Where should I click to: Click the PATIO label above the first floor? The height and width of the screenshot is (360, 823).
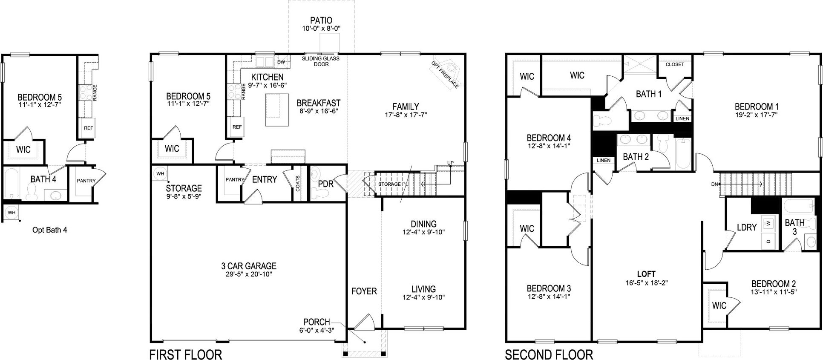pos(321,20)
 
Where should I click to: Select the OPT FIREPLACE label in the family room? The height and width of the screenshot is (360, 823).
pos(445,75)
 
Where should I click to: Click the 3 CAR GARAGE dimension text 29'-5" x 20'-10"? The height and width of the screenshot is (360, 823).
pos(249,274)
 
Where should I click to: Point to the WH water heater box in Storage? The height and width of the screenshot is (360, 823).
pos(160,173)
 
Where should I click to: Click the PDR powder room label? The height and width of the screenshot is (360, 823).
pos(326,184)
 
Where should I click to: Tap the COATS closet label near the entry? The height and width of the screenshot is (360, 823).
pos(297,184)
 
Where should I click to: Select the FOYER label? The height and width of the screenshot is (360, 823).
pos(364,291)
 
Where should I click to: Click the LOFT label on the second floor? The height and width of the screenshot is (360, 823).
pos(646,274)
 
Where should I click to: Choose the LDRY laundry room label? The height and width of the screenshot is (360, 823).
pos(746,228)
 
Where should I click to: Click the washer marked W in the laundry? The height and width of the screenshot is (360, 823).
pos(768,223)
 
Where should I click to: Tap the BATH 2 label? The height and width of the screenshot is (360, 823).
pos(636,157)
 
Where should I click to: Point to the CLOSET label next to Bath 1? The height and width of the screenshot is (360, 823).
pos(674,64)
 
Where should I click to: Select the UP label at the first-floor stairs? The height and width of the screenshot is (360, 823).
pos(450,163)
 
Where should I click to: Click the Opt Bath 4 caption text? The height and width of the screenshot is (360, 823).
pos(50,230)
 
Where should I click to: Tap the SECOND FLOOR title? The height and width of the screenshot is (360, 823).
pos(549,354)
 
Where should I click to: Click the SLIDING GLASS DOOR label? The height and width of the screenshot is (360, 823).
pos(321,61)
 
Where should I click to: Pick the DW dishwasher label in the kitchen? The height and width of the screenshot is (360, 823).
pos(281,62)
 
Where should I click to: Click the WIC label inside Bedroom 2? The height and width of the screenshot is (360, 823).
pos(719,305)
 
